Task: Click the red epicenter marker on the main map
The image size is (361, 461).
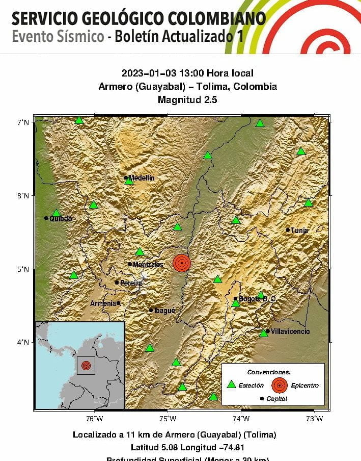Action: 182,263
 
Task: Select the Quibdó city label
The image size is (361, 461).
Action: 61,219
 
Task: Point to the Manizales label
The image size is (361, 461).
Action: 148,265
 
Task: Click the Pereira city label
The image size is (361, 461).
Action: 131,283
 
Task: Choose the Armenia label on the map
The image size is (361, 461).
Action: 103,303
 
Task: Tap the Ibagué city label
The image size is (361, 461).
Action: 165,310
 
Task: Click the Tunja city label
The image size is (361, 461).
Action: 300,231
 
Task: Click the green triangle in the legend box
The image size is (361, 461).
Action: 231,385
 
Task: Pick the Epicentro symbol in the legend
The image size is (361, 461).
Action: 279,385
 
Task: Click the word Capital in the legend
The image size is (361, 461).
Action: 277,399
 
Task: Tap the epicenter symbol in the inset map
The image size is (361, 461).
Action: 86,365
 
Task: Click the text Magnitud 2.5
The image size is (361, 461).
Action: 187,99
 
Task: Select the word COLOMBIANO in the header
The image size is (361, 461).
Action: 213,19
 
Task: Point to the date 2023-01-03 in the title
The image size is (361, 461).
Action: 145,73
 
